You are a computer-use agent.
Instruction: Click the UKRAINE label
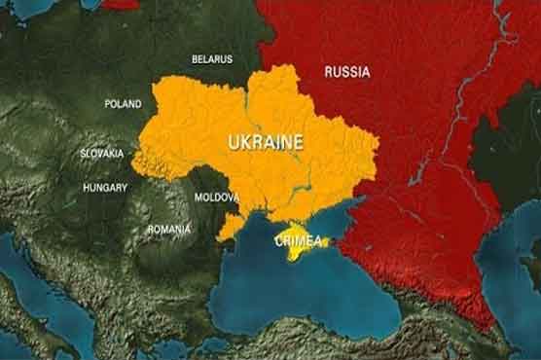(265, 142)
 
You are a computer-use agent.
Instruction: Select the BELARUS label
(212, 59)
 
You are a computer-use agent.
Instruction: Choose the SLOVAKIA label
(102, 154)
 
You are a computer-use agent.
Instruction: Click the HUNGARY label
(105, 186)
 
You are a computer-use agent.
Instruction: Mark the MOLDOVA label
(216, 197)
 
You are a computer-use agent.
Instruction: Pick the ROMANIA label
(169, 229)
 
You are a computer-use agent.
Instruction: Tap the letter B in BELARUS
(196, 59)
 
